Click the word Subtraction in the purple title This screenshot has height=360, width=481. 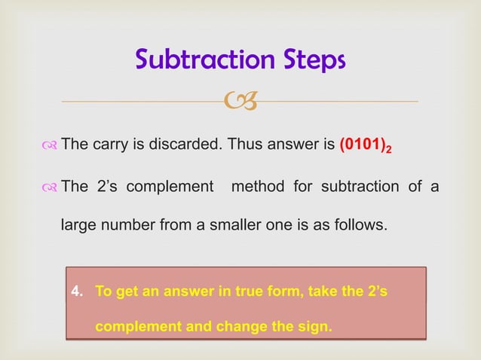201,59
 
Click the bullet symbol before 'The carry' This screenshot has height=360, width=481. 48,145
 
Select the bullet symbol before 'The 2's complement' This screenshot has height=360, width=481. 48,187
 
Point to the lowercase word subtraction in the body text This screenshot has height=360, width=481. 351,186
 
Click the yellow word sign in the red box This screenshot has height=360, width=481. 316,328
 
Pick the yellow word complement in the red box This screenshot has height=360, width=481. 138,328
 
